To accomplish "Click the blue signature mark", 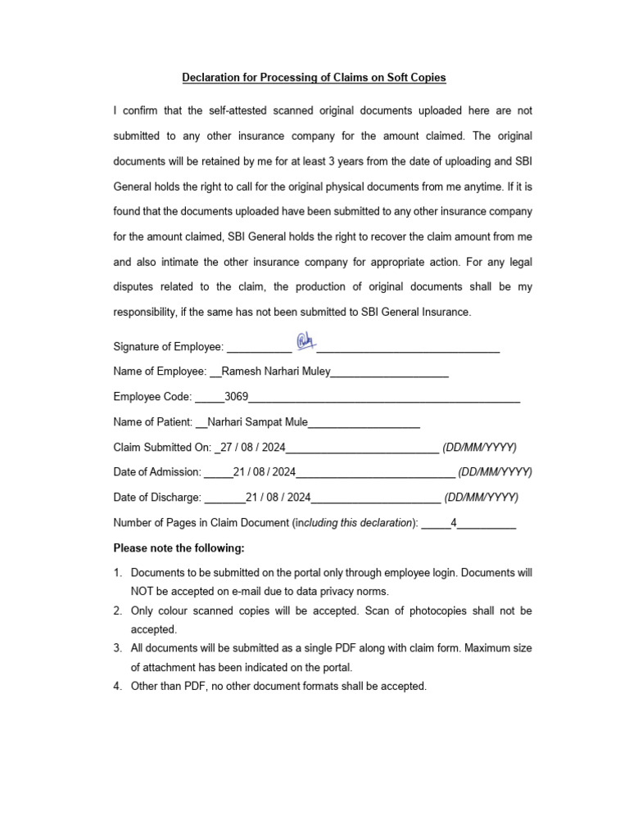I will [x=305, y=341].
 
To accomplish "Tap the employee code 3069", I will [x=236, y=397].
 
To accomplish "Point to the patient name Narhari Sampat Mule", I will [x=257, y=422].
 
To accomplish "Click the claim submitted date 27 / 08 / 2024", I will [x=252, y=448].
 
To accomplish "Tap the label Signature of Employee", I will [x=168, y=347].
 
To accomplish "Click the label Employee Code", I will [x=152, y=397].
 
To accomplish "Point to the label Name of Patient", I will [x=153, y=422].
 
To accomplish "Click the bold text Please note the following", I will [x=179, y=547].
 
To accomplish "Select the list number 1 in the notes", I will [x=118, y=574].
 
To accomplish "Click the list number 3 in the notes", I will [x=118, y=648].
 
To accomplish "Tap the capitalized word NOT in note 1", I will [x=144, y=591].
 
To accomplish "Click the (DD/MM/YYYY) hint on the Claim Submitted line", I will [x=479, y=448].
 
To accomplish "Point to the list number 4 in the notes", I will [x=118, y=686].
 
